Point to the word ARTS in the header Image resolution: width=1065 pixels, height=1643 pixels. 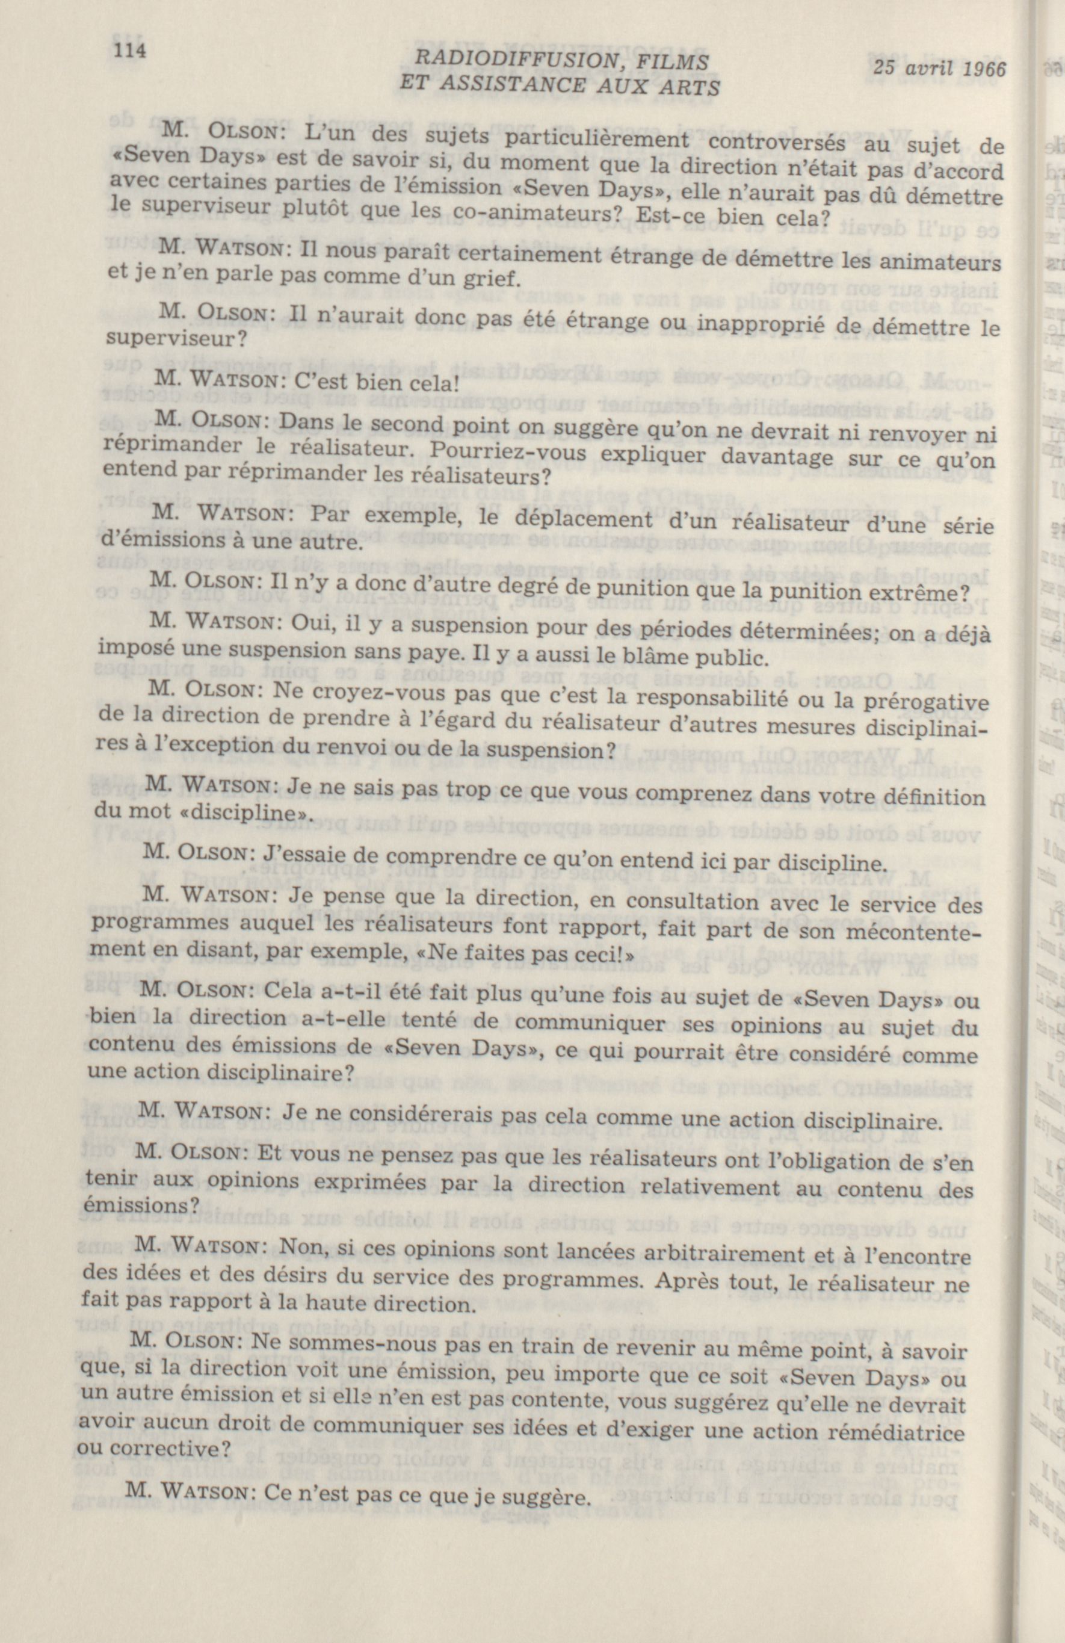click(690, 88)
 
